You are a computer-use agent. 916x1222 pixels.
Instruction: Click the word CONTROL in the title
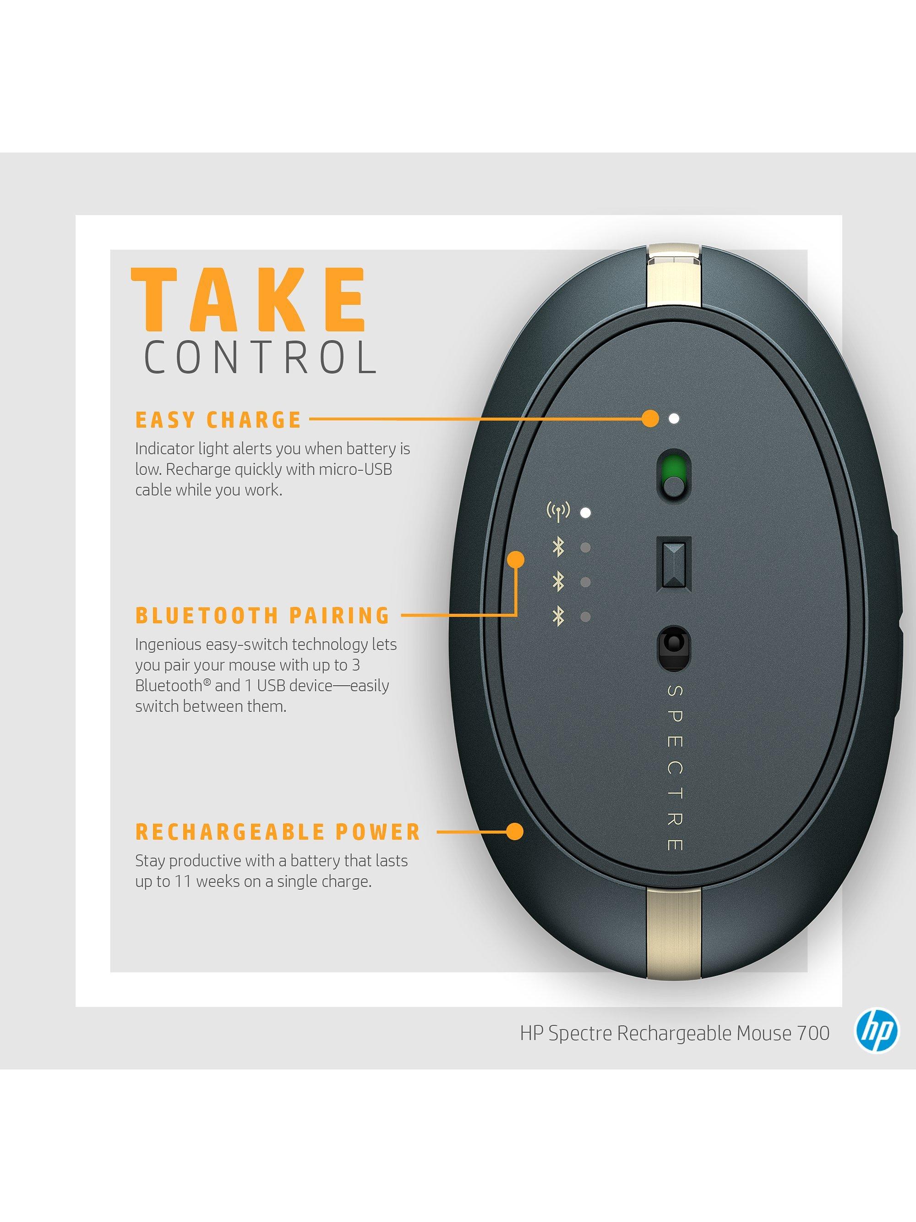[x=261, y=358]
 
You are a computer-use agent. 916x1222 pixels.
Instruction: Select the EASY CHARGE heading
[x=218, y=420]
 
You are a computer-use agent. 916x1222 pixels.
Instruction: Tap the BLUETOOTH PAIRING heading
[x=263, y=616]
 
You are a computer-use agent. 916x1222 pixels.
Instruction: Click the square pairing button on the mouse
[x=674, y=564]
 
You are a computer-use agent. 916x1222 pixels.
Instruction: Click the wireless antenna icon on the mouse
[x=558, y=512]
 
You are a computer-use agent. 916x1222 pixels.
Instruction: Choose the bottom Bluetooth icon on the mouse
[x=559, y=617]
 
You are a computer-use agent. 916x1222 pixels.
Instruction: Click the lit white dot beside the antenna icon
[x=586, y=512]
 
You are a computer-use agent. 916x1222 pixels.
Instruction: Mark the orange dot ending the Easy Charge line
[x=651, y=419]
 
